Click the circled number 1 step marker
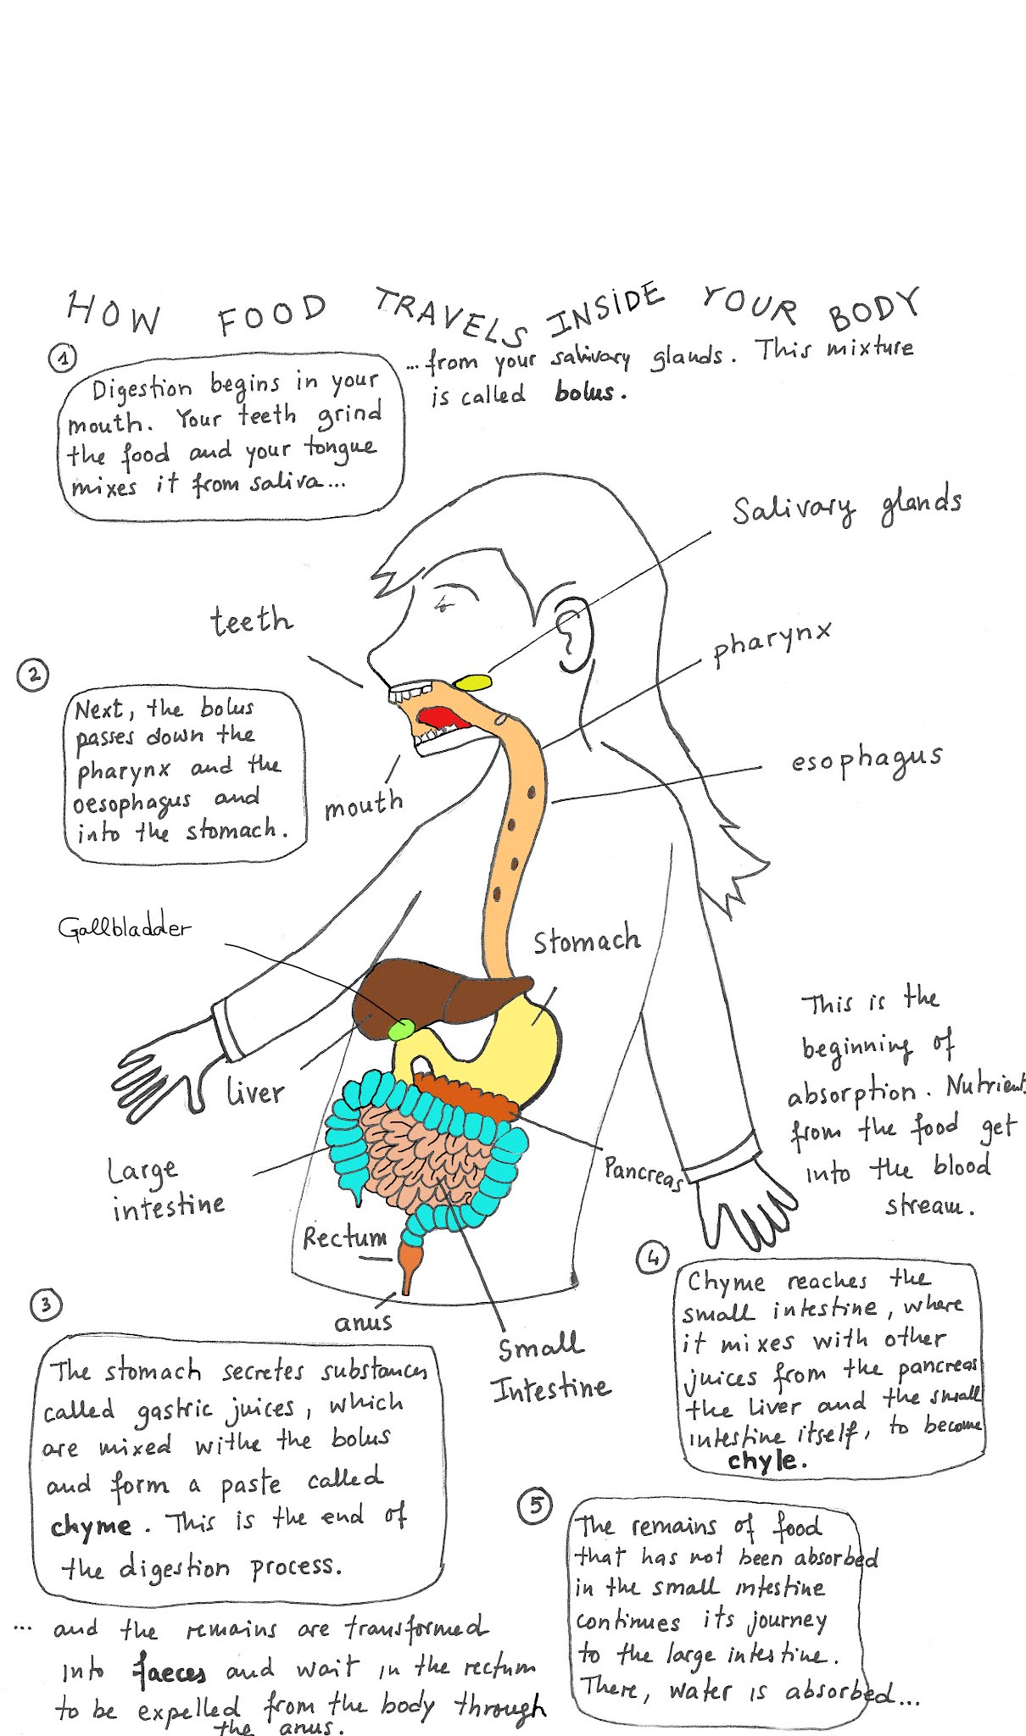coord(62,358)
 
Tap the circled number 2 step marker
coord(33,675)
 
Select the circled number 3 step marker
coord(46,1304)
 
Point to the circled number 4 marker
coord(652,1258)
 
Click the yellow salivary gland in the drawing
coord(472,682)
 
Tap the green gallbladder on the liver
coord(401,1028)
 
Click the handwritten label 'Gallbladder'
coord(125,927)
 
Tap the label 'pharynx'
coord(771,643)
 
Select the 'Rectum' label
coord(344,1238)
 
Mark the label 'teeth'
coord(251,621)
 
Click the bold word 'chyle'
coord(762,1461)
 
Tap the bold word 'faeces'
coord(170,1672)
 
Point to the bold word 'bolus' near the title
coord(584,392)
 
